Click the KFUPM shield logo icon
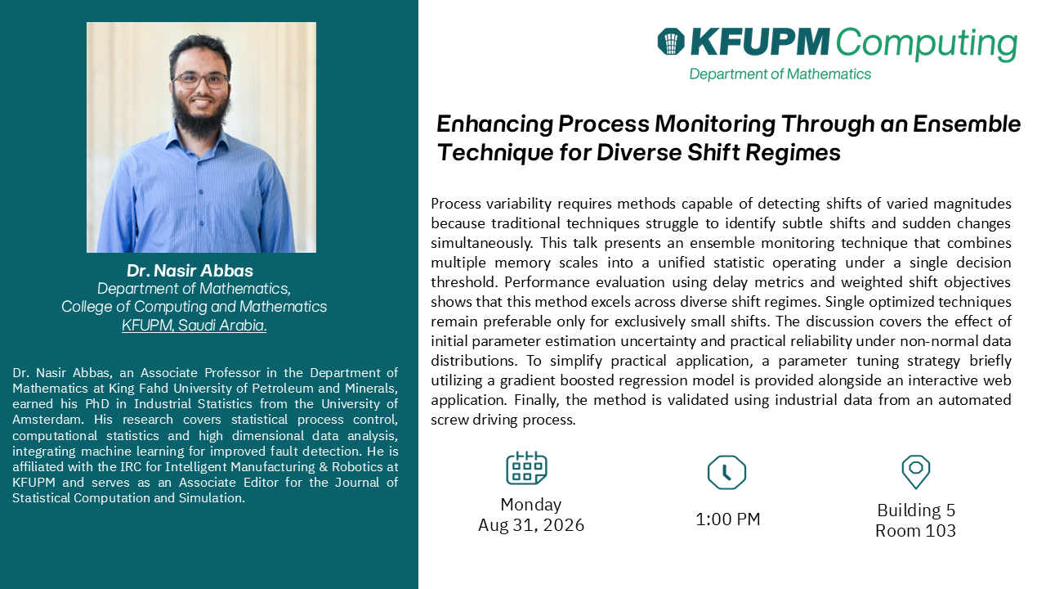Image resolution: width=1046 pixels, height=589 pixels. click(x=671, y=42)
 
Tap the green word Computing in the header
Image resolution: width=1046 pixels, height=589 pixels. click(x=927, y=43)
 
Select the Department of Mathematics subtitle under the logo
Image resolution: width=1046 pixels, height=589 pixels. click(x=780, y=74)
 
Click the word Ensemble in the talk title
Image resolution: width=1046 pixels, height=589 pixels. click(x=967, y=124)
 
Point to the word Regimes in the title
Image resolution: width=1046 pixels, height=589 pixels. click(x=793, y=153)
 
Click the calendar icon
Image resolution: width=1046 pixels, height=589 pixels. click(x=527, y=468)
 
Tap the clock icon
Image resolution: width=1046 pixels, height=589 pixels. click(x=726, y=472)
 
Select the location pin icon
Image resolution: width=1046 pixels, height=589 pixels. click(x=916, y=472)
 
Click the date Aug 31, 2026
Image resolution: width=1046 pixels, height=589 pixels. click(x=531, y=525)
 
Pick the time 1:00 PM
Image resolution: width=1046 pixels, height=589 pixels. click(x=728, y=519)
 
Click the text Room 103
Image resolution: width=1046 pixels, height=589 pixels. click(x=916, y=531)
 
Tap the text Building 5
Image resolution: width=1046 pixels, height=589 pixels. click(x=916, y=510)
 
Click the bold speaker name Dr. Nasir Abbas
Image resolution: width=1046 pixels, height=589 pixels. click(x=190, y=271)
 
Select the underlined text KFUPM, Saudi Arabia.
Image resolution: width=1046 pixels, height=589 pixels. click(x=194, y=325)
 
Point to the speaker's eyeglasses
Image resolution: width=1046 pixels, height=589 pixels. click(x=200, y=81)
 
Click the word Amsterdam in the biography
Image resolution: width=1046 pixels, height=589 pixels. click(x=48, y=420)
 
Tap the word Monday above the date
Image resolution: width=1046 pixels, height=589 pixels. click(x=531, y=505)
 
